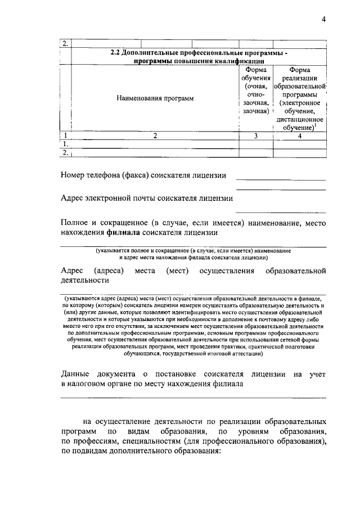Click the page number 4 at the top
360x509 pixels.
[324, 20]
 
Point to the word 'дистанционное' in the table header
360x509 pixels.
[300, 120]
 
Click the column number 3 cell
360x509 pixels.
[256, 136]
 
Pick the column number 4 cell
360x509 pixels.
[300, 136]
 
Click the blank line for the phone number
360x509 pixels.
[281, 179]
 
